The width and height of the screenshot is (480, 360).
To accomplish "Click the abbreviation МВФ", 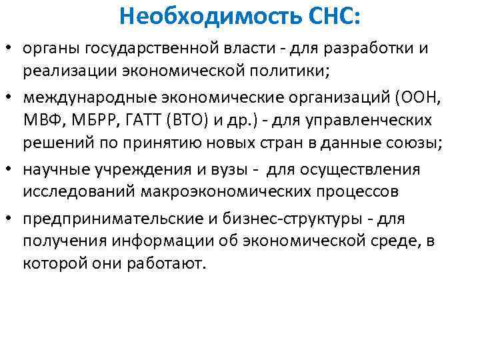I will [41, 121].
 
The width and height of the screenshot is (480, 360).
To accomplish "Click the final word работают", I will [175, 264].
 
